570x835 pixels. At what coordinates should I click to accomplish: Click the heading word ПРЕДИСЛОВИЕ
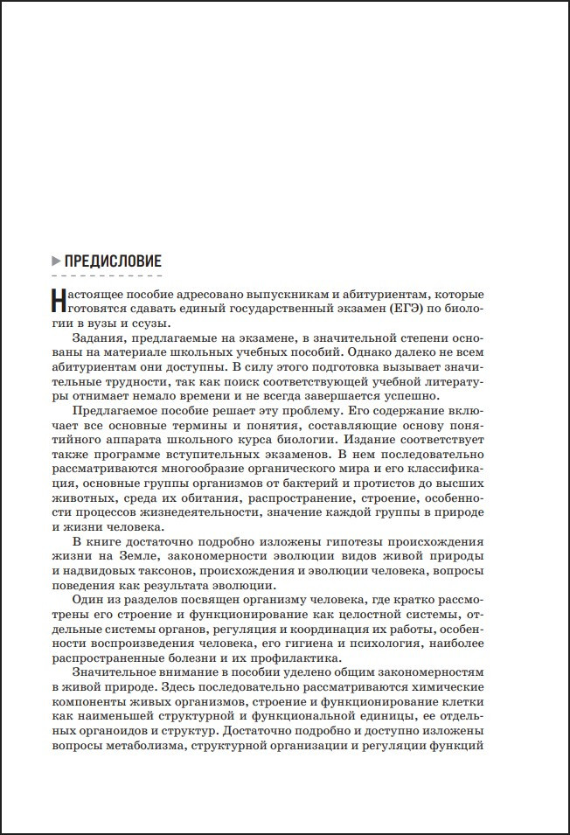tap(113, 261)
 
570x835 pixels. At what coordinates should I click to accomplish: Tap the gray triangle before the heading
tap(57, 261)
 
